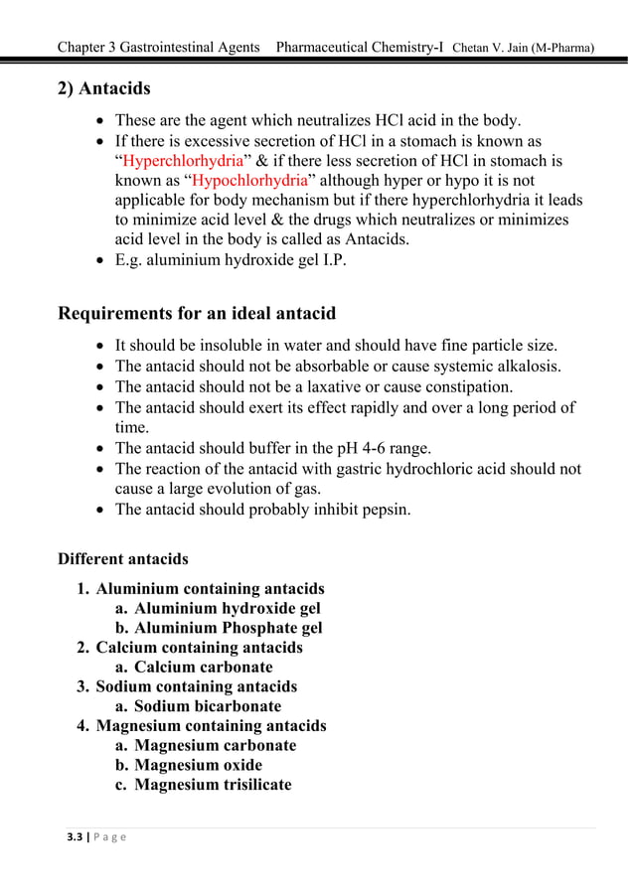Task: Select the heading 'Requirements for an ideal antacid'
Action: point(197,314)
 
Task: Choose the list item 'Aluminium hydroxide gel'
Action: point(227,608)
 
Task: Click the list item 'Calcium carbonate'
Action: point(203,667)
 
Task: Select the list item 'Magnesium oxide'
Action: point(198,765)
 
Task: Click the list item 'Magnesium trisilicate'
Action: point(213,785)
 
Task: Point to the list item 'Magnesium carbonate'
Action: point(215,745)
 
